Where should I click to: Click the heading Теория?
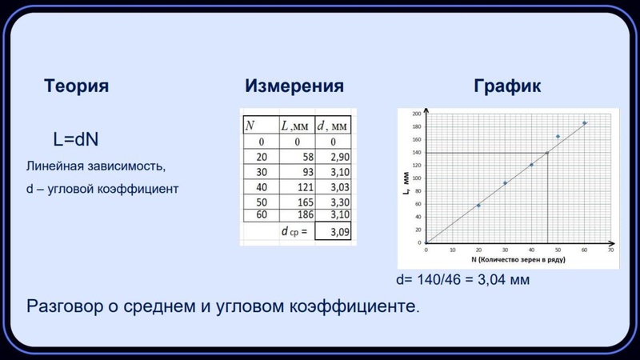76,86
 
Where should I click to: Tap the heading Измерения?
294,86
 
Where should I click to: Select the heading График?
506,86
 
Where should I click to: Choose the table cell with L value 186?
298,215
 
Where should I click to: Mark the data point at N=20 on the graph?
478,206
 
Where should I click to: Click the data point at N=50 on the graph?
558,137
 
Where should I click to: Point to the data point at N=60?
584,123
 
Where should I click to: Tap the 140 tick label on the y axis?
416,152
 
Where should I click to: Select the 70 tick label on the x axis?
610,250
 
